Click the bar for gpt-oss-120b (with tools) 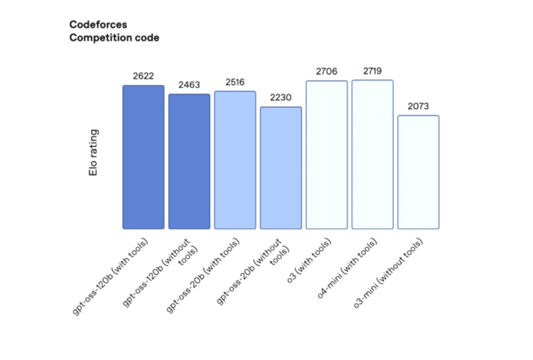point(143,157)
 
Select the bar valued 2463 point(189,162)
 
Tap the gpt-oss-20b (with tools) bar point(235,160)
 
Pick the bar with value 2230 point(281,168)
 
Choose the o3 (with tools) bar point(327,155)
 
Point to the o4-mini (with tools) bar point(373,155)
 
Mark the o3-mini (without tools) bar point(418,172)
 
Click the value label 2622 point(143,76)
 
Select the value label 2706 point(327,71)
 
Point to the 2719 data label point(373,71)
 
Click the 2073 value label point(418,106)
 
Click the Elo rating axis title point(94,152)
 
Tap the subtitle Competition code point(114,38)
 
